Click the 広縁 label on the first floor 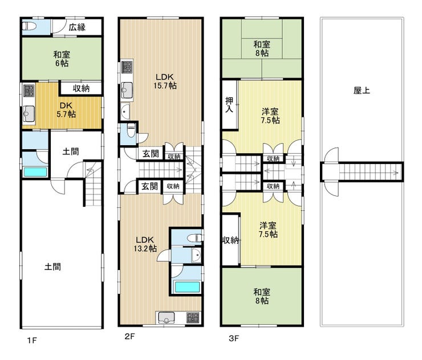point(77,27)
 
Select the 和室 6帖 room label point(62,59)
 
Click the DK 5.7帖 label point(66,110)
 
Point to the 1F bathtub point(35,172)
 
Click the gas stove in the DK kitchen point(29,91)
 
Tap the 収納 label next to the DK point(81,88)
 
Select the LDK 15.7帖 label point(165,81)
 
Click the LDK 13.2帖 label point(145,244)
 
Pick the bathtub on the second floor point(187,287)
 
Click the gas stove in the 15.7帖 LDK point(127,67)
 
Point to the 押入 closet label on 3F point(229,105)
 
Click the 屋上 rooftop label point(362,91)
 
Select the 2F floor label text point(129,336)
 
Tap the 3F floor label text point(234,338)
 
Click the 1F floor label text point(32,341)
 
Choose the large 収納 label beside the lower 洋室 point(230,240)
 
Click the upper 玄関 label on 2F point(151,154)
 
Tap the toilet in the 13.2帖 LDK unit point(194,238)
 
